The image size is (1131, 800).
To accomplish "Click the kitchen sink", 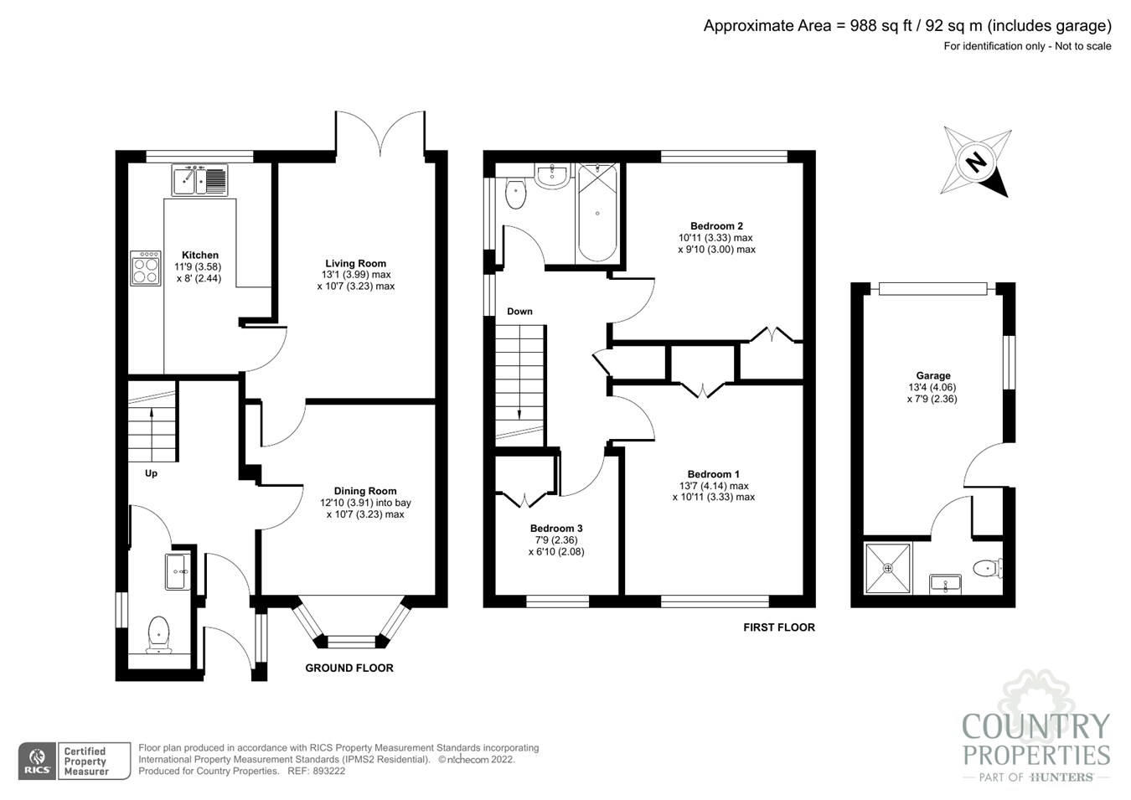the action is [199, 179].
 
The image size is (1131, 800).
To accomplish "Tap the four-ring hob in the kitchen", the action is [146, 268].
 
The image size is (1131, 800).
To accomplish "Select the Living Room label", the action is [355, 263].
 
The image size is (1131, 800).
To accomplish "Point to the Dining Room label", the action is [365, 491].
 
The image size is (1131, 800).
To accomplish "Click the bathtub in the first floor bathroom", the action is [597, 212].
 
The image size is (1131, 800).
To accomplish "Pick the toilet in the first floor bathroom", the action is [515, 194].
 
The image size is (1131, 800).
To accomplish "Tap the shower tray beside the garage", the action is [888, 568].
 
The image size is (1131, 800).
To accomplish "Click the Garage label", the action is [933, 375].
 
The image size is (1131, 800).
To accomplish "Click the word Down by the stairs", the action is [519, 312].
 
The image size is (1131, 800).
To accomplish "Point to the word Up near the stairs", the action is [151, 473].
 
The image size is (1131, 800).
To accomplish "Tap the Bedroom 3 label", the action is [556, 528].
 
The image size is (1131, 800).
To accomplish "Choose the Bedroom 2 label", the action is [716, 225].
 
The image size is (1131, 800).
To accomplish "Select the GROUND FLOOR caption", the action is [349, 668].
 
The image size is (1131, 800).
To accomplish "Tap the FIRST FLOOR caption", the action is [779, 627].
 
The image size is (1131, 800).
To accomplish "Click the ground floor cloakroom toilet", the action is [158, 634].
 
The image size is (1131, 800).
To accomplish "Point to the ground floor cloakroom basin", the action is [178, 571].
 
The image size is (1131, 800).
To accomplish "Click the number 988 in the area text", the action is [864, 26].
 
